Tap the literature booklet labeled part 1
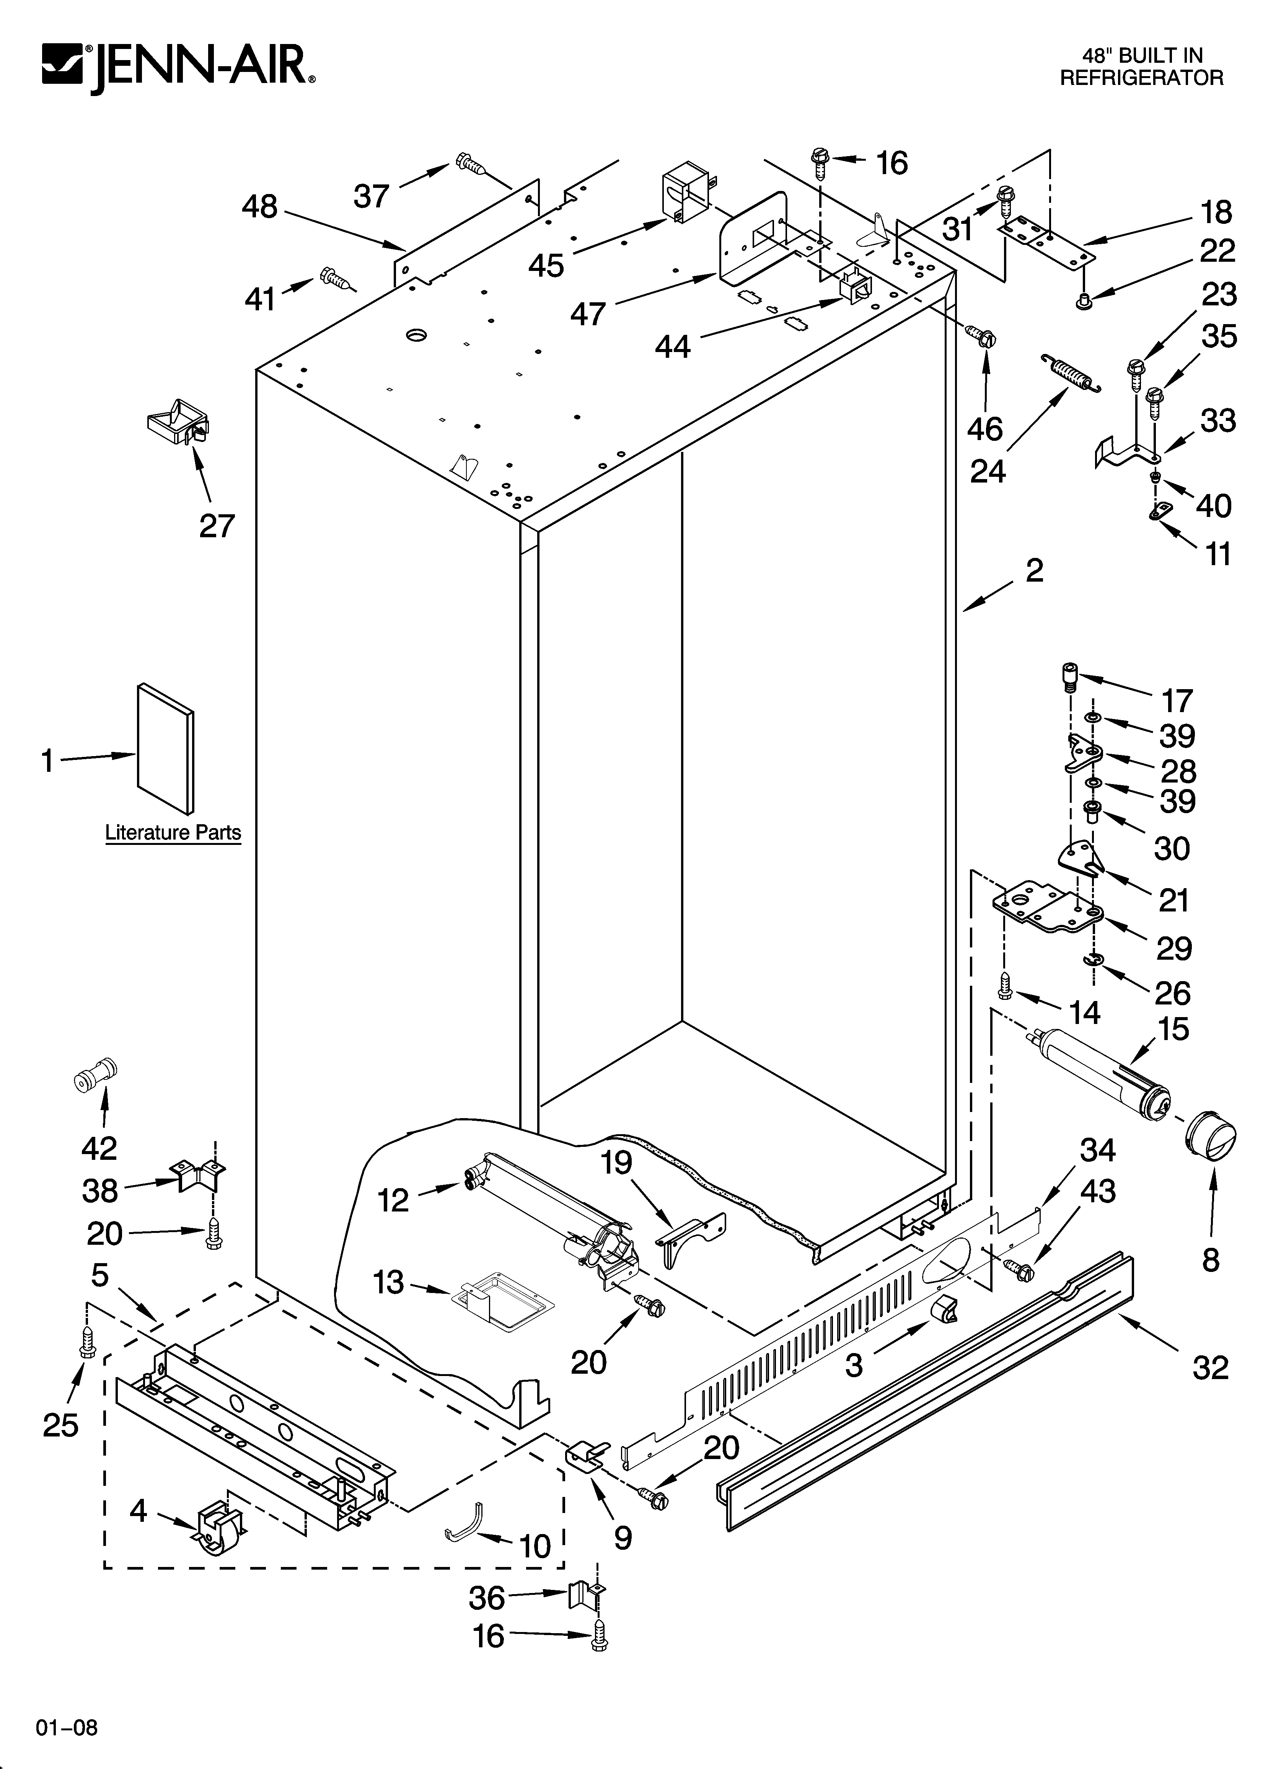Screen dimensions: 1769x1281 tap(165, 748)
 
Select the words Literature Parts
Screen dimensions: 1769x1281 tap(173, 833)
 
